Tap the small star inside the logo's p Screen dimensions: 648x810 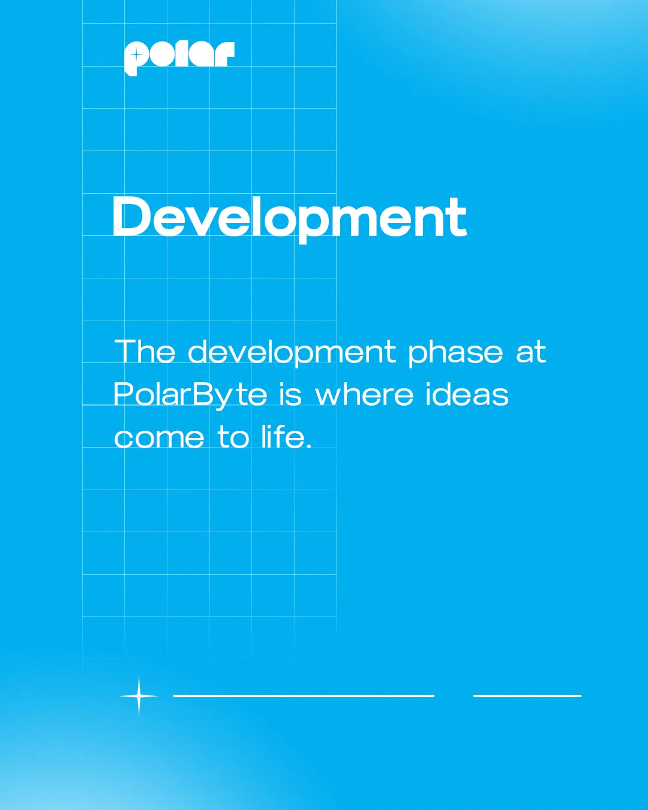136,56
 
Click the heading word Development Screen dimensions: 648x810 289,218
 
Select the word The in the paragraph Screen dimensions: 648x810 145,351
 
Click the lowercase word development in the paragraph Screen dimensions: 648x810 292,353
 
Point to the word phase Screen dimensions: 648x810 455,353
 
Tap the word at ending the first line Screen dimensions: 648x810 531,352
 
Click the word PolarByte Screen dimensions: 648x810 190,395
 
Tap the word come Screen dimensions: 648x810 159,438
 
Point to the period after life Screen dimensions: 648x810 309,446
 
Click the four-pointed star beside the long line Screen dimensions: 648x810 139,696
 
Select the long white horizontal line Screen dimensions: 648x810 304,696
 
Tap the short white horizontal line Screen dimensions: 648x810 527,696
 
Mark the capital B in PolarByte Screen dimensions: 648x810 203,394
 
